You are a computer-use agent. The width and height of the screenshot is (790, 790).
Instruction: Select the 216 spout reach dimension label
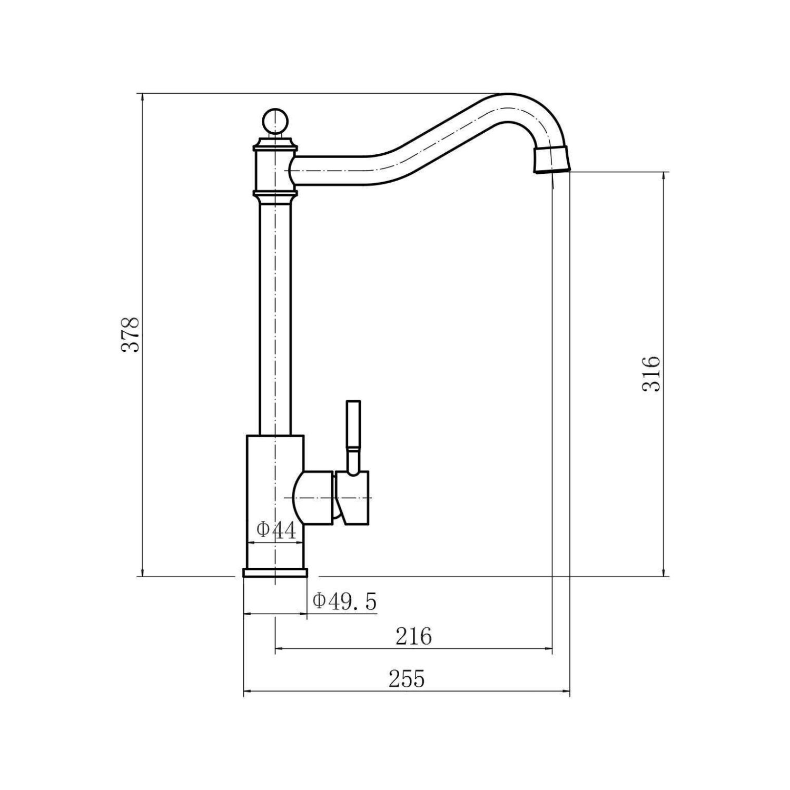coord(413,637)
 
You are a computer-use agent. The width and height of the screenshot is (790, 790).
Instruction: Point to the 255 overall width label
coord(407,679)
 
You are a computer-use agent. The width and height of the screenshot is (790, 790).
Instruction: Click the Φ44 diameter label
coord(276,530)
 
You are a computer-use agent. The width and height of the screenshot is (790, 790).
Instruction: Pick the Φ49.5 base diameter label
coord(345,601)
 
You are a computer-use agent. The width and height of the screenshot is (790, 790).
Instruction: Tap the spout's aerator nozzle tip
coord(551,159)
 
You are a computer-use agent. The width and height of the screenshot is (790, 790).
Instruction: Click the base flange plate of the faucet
coord(275,573)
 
